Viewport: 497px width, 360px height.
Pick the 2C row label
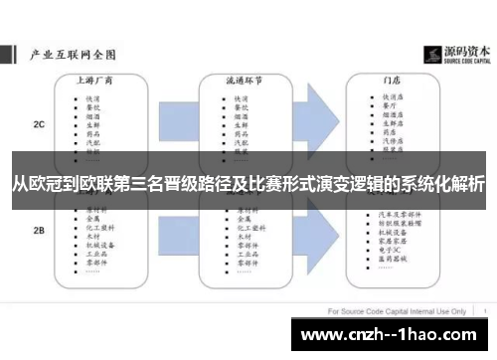tap(39, 125)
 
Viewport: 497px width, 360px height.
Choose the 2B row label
tap(39, 231)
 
